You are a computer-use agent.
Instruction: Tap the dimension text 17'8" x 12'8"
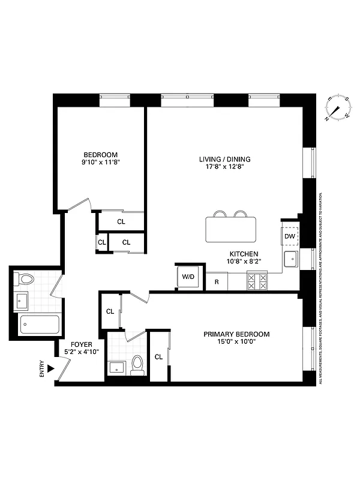coord(224,167)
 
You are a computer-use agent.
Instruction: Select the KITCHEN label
coord(243,254)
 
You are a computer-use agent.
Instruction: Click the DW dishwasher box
coord(290,236)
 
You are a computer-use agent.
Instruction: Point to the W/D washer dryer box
coord(188,277)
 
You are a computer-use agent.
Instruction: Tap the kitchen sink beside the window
coord(291,260)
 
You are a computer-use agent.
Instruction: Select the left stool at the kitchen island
coord(220,214)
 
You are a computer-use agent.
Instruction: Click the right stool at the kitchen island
coord(241,214)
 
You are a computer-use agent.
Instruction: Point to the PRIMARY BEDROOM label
coord(236,334)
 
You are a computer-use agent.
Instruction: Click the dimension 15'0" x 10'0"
coord(236,343)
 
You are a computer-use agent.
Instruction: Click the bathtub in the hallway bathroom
coord(40,325)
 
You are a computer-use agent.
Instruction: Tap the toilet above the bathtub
coord(26,278)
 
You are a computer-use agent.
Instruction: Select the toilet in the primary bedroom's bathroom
coord(138,365)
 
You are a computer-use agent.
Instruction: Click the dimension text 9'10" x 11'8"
coord(100,162)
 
